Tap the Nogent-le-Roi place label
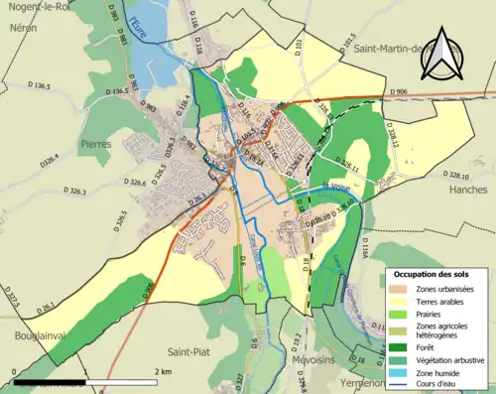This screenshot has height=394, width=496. pos(36,7)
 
